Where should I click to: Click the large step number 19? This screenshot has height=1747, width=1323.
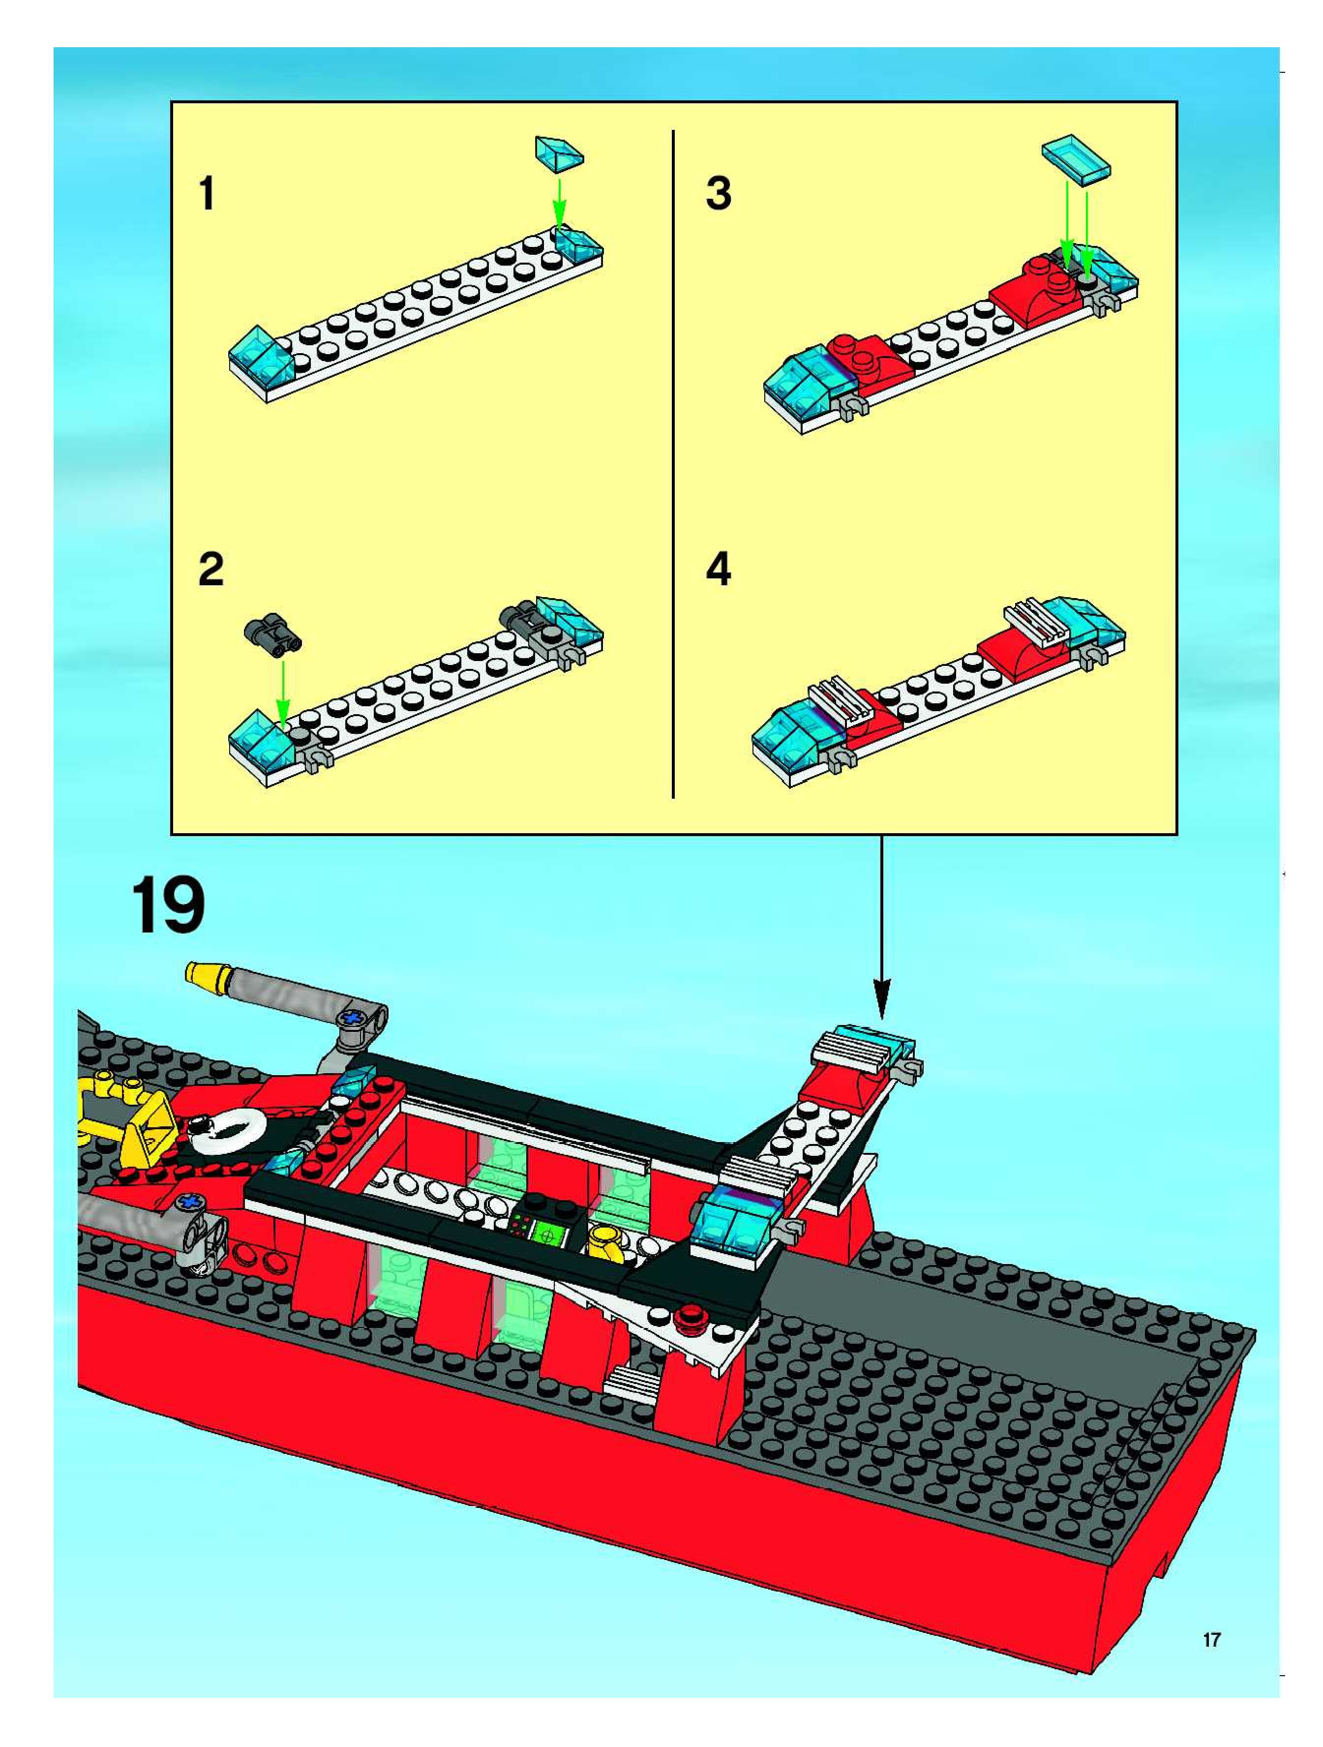point(167,906)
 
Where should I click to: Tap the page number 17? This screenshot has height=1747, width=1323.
point(1211,1640)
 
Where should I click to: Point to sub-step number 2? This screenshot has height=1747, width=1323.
point(211,570)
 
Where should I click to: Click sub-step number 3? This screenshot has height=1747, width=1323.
point(718,193)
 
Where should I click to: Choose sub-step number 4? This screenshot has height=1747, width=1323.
point(718,570)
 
